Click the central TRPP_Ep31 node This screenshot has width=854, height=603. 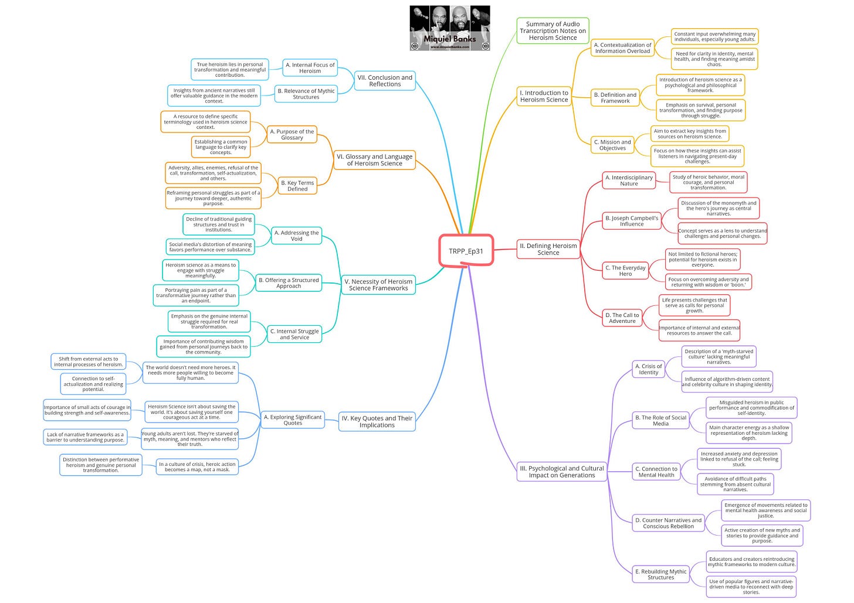click(466, 251)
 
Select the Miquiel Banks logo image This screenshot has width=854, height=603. click(450, 28)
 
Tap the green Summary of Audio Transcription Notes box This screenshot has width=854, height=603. click(553, 31)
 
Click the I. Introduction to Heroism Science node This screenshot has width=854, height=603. click(544, 96)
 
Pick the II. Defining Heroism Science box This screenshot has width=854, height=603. click(548, 249)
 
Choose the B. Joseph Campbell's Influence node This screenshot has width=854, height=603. click(631, 221)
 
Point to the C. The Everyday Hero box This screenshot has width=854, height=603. click(625, 271)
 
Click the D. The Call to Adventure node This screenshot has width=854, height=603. click(622, 318)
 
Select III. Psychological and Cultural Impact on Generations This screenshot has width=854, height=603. click(561, 472)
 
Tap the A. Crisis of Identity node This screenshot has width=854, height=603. click(648, 369)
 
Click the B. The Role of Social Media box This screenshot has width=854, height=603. click(660, 420)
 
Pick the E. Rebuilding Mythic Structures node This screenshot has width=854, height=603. click(660, 574)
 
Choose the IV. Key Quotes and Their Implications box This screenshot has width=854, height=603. click(377, 421)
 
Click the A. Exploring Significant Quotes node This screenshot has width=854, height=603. click(293, 420)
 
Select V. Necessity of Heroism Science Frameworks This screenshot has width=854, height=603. click(378, 285)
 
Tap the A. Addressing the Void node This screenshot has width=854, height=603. click(297, 236)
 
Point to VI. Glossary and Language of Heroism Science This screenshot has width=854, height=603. click(374, 160)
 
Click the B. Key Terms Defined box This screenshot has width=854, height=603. click(297, 186)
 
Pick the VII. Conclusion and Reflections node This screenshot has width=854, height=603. click(385, 81)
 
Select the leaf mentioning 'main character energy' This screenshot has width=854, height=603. click(748, 432)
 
